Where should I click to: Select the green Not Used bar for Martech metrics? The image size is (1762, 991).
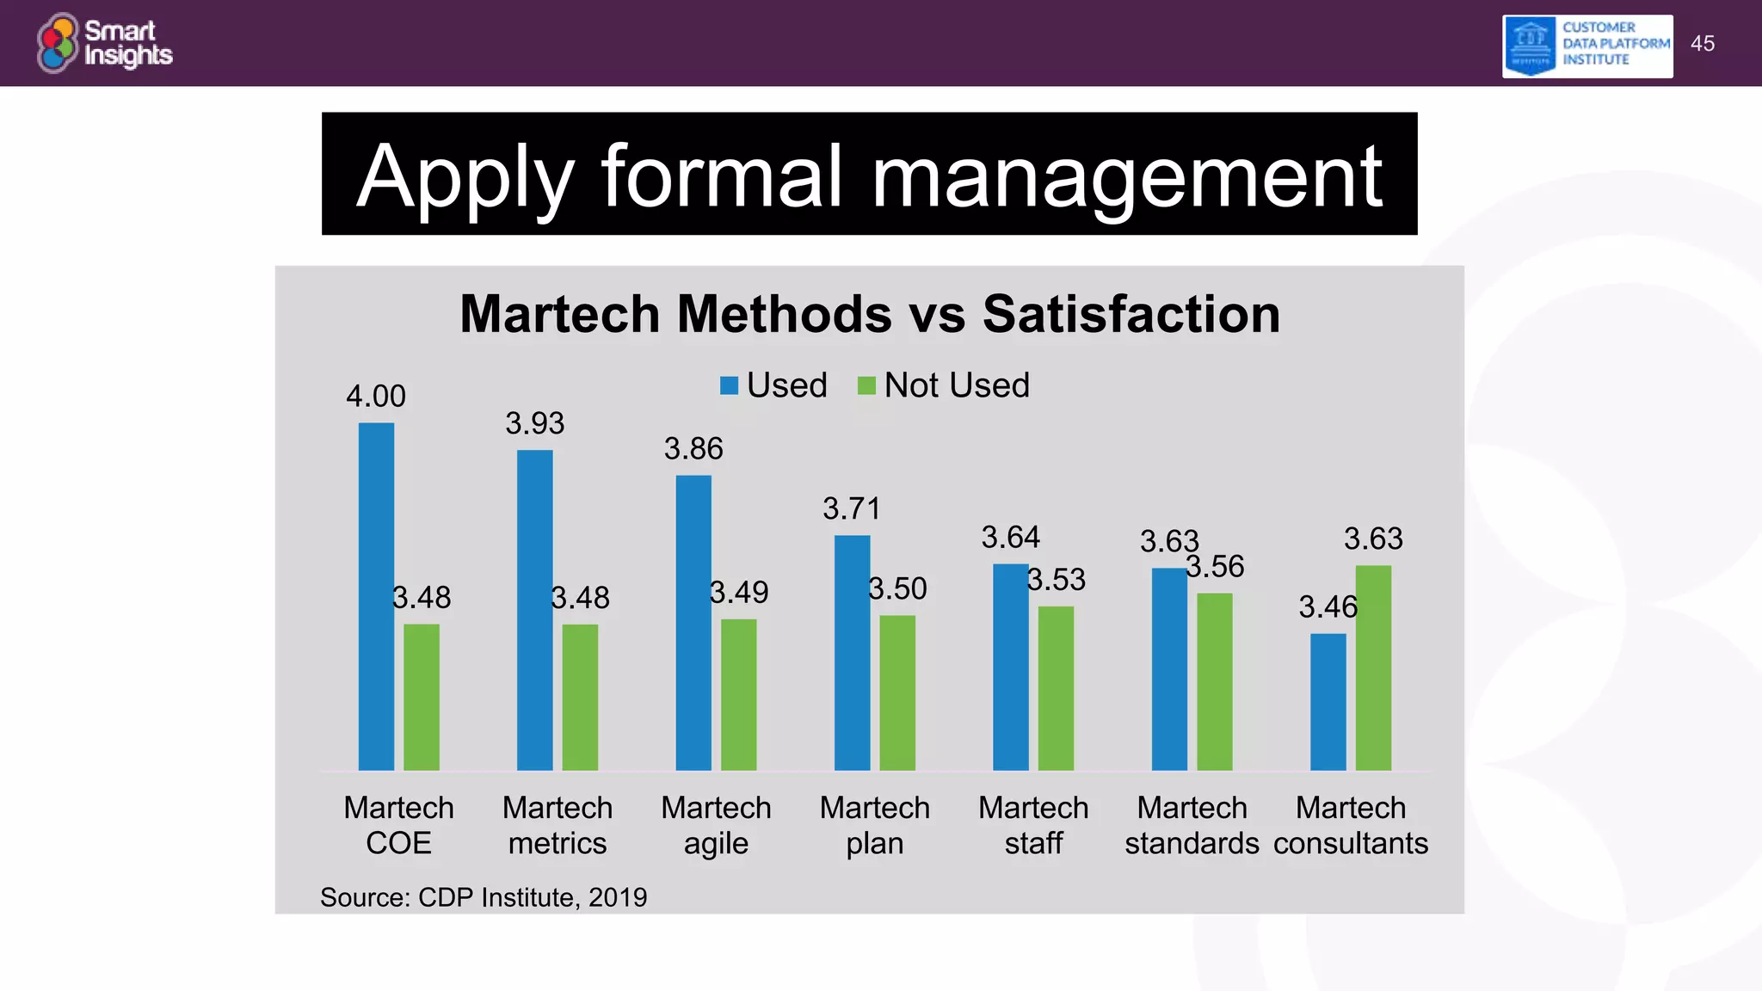point(580,697)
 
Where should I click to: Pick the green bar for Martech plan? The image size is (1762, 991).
point(897,692)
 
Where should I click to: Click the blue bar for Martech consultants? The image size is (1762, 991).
point(1328,701)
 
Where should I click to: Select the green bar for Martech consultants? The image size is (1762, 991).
point(1373,668)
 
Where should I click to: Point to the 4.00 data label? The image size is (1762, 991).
point(376,397)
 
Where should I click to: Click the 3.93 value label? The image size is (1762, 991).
point(534,423)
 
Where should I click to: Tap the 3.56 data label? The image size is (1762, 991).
point(1215,566)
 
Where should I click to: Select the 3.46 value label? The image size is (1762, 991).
point(1328,607)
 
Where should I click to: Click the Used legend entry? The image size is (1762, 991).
point(774,385)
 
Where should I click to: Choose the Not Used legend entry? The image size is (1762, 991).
point(945,385)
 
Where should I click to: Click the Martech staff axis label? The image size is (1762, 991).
point(1033,825)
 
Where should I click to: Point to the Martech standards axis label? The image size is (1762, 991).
point(1192,825)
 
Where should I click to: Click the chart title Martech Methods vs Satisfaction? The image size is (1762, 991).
point(870,314)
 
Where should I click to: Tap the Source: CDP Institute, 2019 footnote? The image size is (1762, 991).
point(484,897)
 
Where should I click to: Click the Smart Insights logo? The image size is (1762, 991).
point(105,43)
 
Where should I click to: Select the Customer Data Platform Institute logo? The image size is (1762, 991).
point(1587,46)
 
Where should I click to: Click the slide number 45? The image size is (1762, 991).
point(1702,44)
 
